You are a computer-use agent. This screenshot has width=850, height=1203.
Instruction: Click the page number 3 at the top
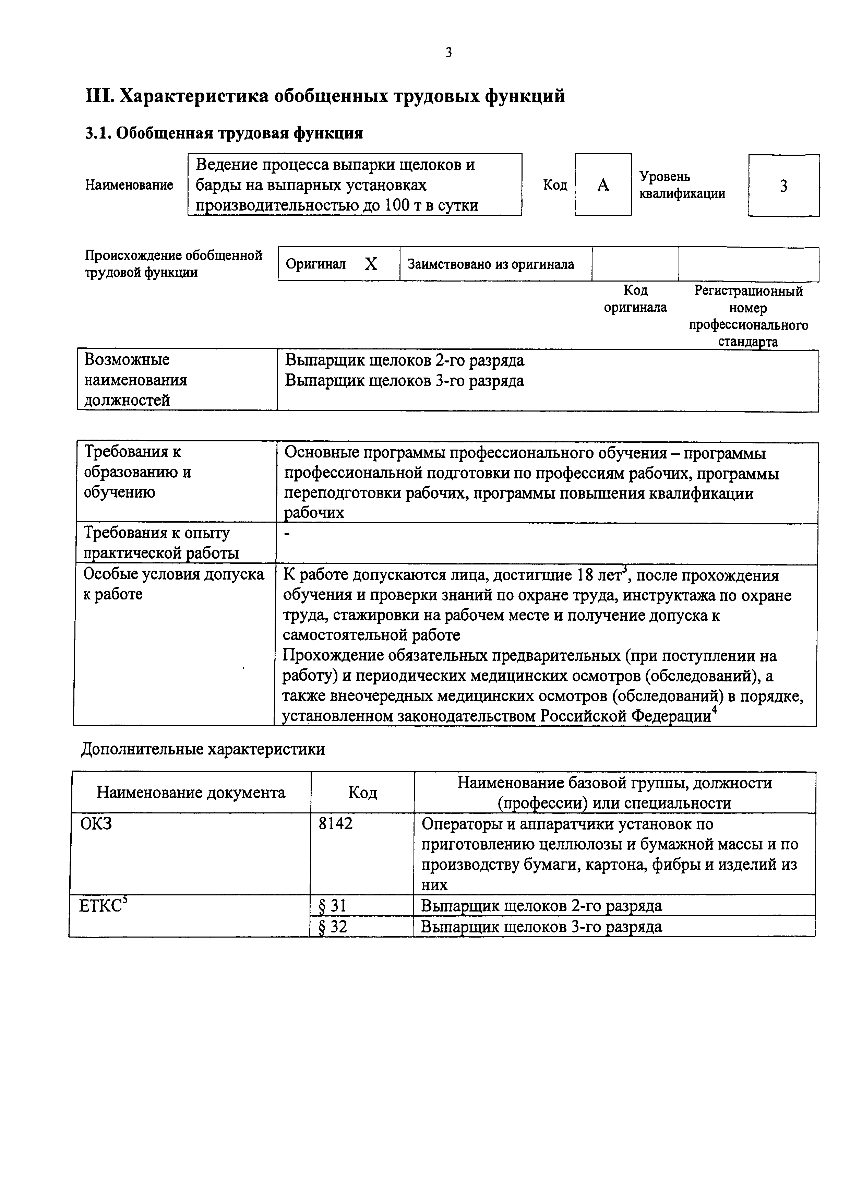point(448,52)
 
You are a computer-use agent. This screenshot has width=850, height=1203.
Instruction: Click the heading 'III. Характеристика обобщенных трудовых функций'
point(325,96)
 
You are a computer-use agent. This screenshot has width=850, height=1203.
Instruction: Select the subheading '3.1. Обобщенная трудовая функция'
point(224,134)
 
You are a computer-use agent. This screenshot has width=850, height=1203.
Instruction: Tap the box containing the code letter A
point(603,184)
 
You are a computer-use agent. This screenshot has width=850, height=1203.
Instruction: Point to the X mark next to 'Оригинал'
point(371,264)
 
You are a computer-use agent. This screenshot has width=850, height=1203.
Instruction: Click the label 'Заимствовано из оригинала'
point(491,264)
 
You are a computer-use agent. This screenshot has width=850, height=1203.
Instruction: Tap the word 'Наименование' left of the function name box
point(129,185)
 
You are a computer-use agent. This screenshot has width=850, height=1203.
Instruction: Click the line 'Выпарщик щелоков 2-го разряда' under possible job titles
point(404,360)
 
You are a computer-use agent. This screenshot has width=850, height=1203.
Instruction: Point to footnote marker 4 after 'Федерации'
point(714,710)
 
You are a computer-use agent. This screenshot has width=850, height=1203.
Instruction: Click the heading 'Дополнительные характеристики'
point(203,749)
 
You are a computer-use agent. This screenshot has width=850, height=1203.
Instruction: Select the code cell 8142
point(336,824)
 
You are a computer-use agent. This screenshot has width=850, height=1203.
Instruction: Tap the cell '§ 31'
point(333,906)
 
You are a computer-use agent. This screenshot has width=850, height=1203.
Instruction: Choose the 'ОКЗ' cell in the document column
point(96,824)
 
